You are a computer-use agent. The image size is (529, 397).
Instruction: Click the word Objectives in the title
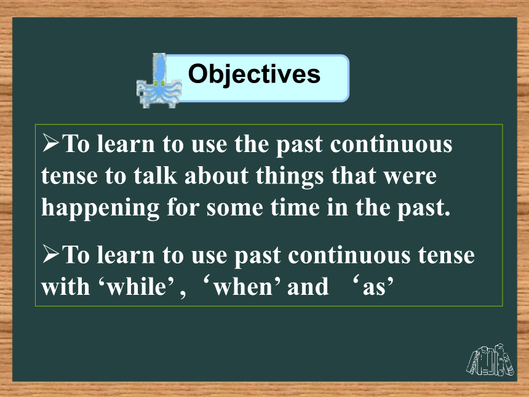pyautogui.click(x=254, y=75)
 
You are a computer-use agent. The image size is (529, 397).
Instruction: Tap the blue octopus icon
pyautogui.click(x=159, y=81)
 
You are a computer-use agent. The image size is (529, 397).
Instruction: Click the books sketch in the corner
pyautogui.click(x=490, y=360)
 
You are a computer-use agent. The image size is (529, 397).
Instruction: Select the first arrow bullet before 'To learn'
pyautogui.click(x=50, y=142)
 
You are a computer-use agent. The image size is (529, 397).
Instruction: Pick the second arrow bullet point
pyautogui.click(x=50, y=254)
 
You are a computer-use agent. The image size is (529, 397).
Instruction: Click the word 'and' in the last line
pyautogui.click(x=308, y=287)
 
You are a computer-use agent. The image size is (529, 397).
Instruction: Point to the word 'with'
pyautogui.click(x=65, y=287)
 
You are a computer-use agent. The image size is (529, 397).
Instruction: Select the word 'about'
pyautogui.click(x=217, y=176)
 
